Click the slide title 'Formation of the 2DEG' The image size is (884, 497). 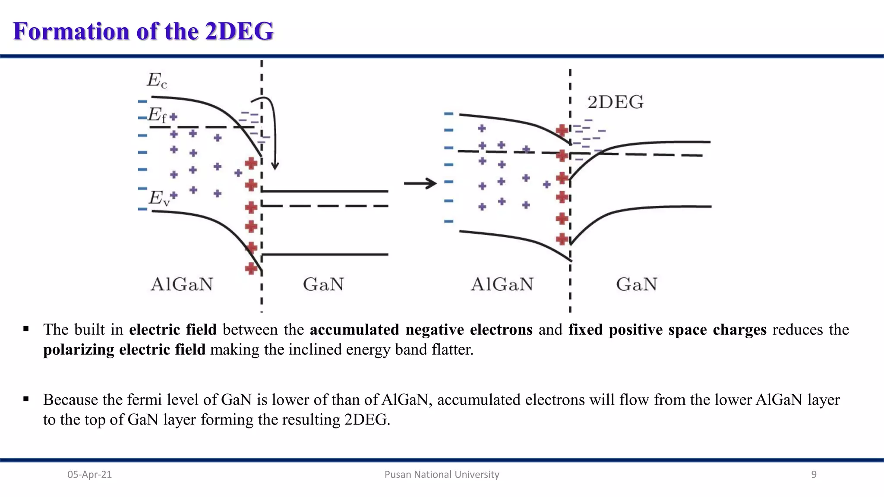click(x=143, y=31)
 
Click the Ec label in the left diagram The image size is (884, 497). click(x=157, y=80)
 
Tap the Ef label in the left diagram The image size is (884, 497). click(x=157, y=115)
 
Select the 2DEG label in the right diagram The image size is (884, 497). click(x=615, y=102)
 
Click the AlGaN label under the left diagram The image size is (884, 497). click(x=182, y=284)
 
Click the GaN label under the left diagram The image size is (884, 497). click(x=323, y=284)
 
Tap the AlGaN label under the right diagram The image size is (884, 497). click(x=502, y=284)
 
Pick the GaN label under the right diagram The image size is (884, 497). click(x=636, y=284)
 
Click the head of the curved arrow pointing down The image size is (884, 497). click(x=275, y=166)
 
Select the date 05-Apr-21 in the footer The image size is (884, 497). click(x=89, y=475)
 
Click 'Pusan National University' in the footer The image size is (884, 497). click(x=442, y=475)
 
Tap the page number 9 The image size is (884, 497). click(x=814, y=475)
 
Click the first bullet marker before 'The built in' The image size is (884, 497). click(x=26, y=329)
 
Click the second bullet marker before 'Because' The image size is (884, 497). click(x=26, y=399)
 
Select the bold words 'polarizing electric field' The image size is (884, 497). click(x=124, y=349)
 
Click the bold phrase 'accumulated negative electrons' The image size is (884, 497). click(x=421, y=330)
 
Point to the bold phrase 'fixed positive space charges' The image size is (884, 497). click(x=667, y=330)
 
